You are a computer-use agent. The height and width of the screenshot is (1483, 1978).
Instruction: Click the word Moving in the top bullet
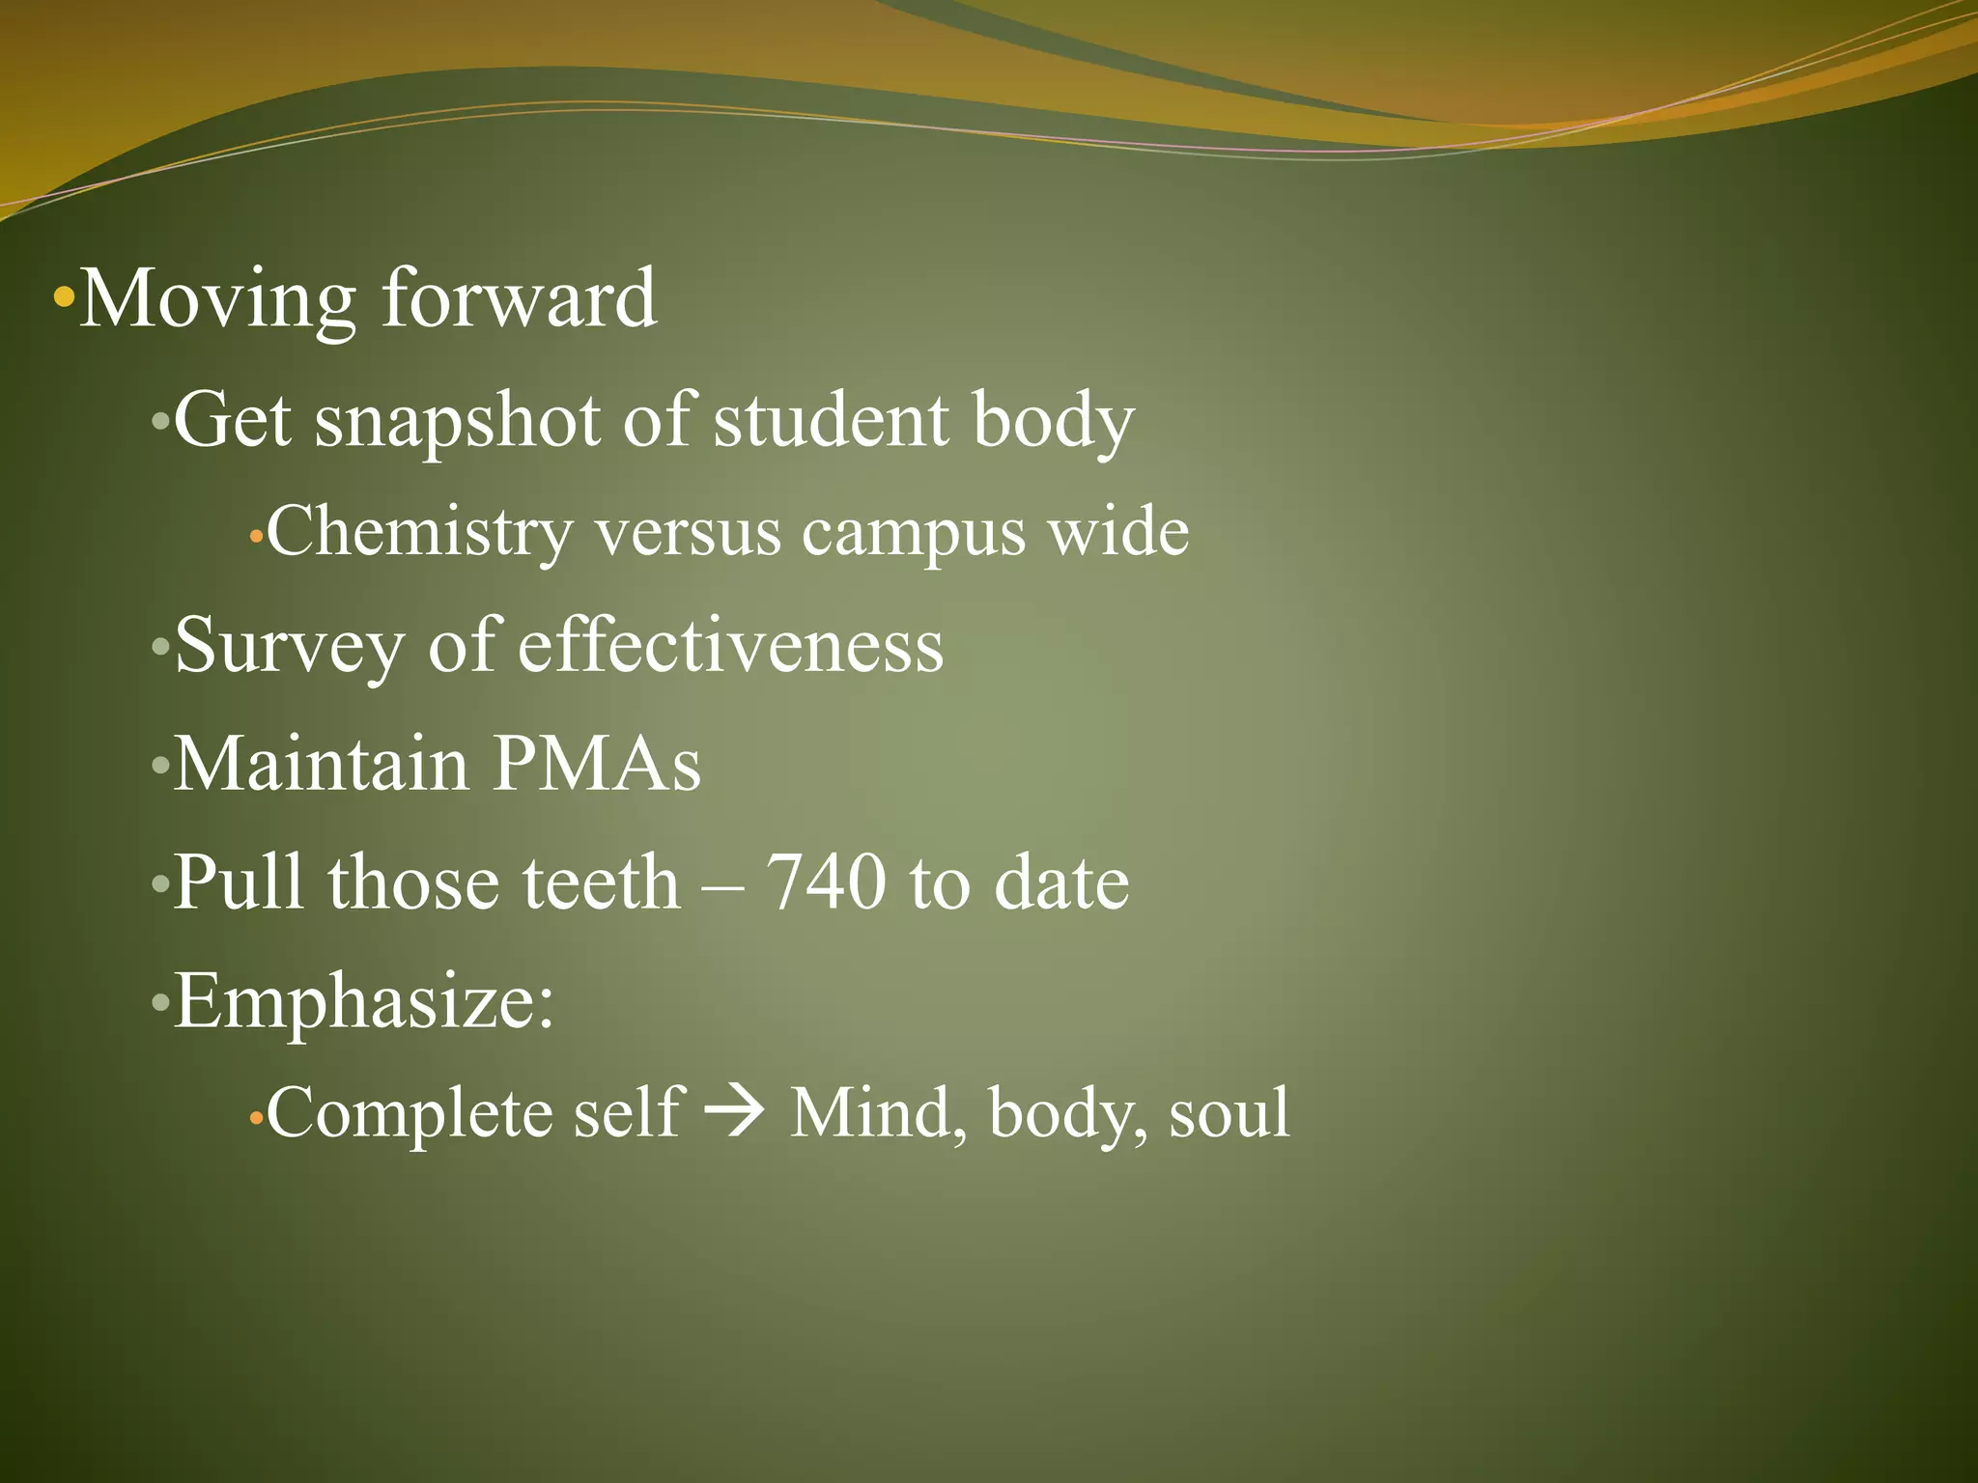pyautogui.click(x=217, y=299)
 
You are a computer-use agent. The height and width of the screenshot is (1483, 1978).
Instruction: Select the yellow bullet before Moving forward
pyautogui.click(x=64, y=296)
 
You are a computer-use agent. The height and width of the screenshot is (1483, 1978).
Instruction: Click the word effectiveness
pyautogui.click(x=730, y=645)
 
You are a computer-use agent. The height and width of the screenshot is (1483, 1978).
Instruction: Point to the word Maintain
pyautogui.click(x=321, y=764)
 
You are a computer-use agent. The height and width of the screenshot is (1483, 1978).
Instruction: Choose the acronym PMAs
pyautogui.click(x=597, y=764)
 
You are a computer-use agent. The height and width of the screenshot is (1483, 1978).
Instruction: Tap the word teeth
pyautogui.click(x=601, y=881)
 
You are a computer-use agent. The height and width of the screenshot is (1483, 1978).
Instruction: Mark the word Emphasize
pyautogui.click(x=363, y=1002)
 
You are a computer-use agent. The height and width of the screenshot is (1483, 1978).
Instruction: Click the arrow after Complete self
pyautogui.click(x=736, y=1111)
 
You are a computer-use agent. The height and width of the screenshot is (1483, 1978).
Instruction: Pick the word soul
pyautogui.click(x=1229, y=1113)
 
